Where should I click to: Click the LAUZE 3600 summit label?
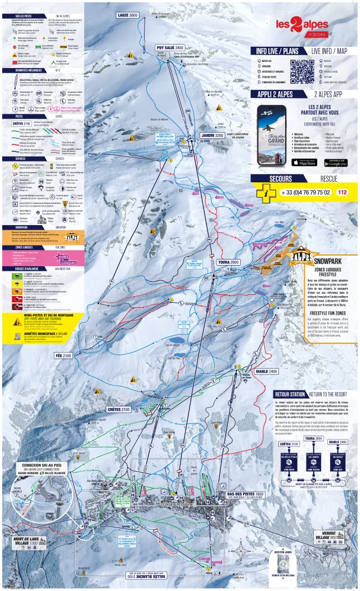coord(127,15)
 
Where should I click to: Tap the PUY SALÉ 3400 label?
coord(170,48)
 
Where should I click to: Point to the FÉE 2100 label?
coord(63,356)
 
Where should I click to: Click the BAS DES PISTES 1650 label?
coord(243,494)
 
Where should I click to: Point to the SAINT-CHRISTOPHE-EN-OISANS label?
coord(239,137)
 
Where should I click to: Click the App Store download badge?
coord(303,163)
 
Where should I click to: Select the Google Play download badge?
coord(335,163)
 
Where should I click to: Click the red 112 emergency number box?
coord(341,192)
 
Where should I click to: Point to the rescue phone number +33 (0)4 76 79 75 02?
coord(305,192)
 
